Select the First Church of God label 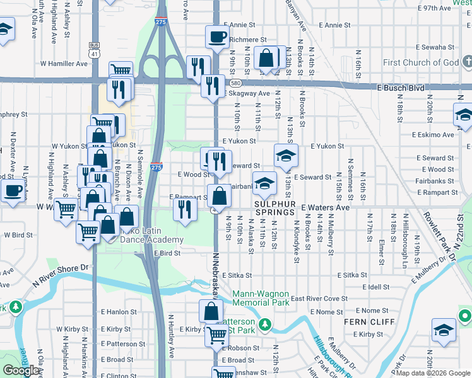421,62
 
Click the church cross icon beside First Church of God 466,62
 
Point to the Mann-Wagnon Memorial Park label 261,298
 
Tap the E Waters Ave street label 325,207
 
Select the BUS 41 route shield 95,50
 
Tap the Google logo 21,370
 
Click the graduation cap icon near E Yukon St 286,155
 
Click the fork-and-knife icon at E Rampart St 184,207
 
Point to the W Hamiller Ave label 64,64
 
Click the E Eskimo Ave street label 433,134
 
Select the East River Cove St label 319,299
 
